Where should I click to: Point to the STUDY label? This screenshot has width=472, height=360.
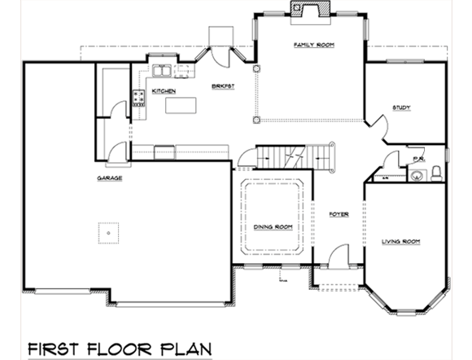400,108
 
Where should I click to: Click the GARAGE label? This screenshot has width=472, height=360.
110,178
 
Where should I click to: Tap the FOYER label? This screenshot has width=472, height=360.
339,215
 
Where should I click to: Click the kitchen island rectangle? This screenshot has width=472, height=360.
181,106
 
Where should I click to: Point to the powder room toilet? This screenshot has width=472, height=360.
436,173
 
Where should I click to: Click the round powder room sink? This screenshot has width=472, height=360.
417,173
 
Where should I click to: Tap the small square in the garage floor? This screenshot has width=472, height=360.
107,232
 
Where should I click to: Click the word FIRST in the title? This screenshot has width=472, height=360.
55,348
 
